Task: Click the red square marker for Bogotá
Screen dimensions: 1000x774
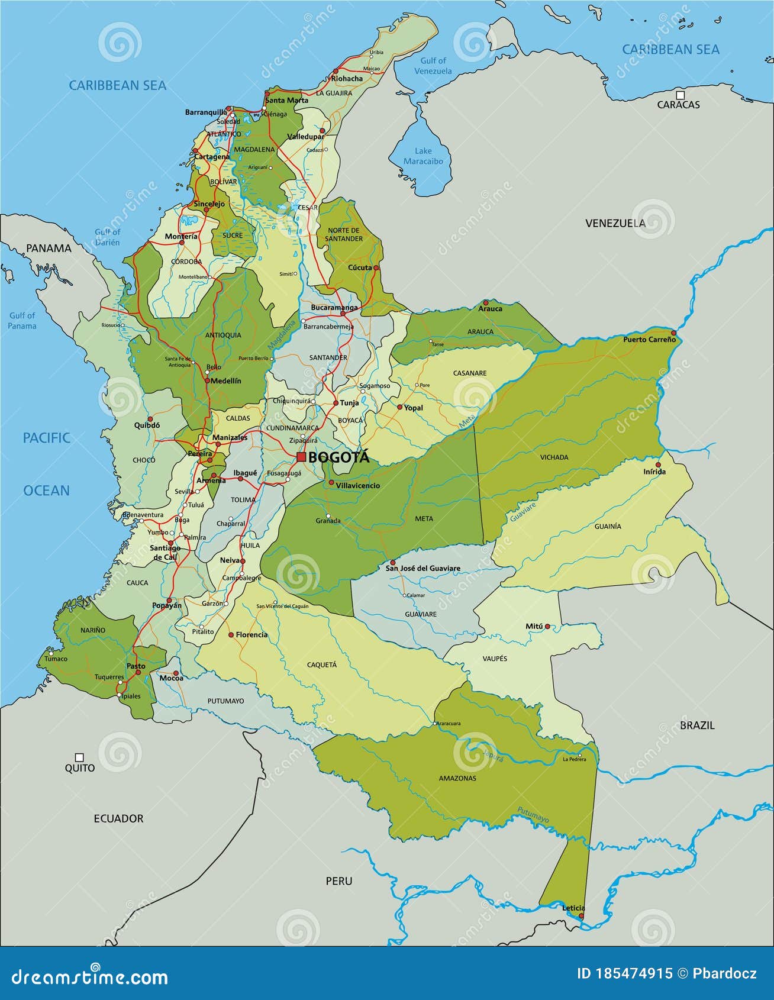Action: coord(301,457)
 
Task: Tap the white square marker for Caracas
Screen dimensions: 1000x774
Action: coord(681,95)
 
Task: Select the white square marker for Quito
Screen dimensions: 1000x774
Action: coord(79,757)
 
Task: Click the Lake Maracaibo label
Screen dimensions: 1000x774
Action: coord(423,156)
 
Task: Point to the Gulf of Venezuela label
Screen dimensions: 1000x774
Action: coord(433,66)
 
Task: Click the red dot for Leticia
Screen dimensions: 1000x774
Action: coord(580,915)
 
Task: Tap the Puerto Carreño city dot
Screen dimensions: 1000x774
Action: coord(673,333)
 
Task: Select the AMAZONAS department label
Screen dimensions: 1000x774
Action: coord(457,778)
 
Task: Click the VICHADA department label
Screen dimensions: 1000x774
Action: coord(554,457)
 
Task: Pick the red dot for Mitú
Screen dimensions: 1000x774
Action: coord(547,626)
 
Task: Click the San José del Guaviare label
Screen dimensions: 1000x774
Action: coord(423,569)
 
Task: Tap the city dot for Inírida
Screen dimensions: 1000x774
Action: coord(658,464)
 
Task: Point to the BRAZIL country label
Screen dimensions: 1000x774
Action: coord(697,725)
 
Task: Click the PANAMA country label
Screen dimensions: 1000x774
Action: coord(49,248)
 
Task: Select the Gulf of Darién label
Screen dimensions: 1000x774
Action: coord(108,237)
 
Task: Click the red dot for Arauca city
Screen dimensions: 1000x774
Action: coord(486,302)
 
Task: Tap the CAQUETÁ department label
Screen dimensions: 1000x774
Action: coord(322,664)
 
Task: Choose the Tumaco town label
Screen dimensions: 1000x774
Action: coord(56,659)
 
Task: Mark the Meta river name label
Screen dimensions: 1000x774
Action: coord(467,421)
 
